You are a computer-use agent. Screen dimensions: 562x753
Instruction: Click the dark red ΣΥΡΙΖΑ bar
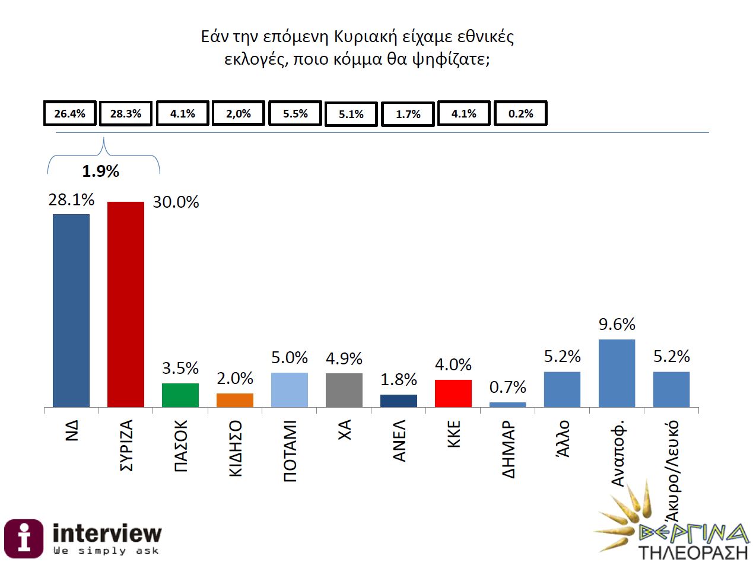click(125, 304)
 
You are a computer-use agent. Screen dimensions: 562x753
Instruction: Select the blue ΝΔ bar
click(71, 310)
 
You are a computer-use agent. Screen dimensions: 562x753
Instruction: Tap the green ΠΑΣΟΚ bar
click(180, 395)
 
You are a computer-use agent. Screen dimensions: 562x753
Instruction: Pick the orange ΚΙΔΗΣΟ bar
click(234, 400)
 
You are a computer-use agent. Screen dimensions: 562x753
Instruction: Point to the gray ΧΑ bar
click(344, 390)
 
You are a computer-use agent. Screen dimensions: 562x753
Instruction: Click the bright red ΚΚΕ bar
click(453, 393)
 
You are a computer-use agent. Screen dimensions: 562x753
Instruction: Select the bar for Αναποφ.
click(617, 373)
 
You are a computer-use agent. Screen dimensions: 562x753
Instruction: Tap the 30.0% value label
click(176, 202)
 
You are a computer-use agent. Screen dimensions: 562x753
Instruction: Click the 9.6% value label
click(617, 324)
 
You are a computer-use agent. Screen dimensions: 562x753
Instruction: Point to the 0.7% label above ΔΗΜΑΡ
click(508, 388)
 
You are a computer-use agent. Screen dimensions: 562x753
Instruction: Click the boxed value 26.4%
click(70, 114)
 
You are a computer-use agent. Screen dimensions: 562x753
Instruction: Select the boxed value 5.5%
click(295, 113)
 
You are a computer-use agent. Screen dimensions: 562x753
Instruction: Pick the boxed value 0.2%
click(520, 114)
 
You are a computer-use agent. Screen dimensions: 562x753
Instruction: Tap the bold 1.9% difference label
click(100, 172)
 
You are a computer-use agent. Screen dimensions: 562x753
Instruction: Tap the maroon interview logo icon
click(24, 538)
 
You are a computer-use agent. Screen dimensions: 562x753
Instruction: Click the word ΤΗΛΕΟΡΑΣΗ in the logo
click(692, 552)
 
